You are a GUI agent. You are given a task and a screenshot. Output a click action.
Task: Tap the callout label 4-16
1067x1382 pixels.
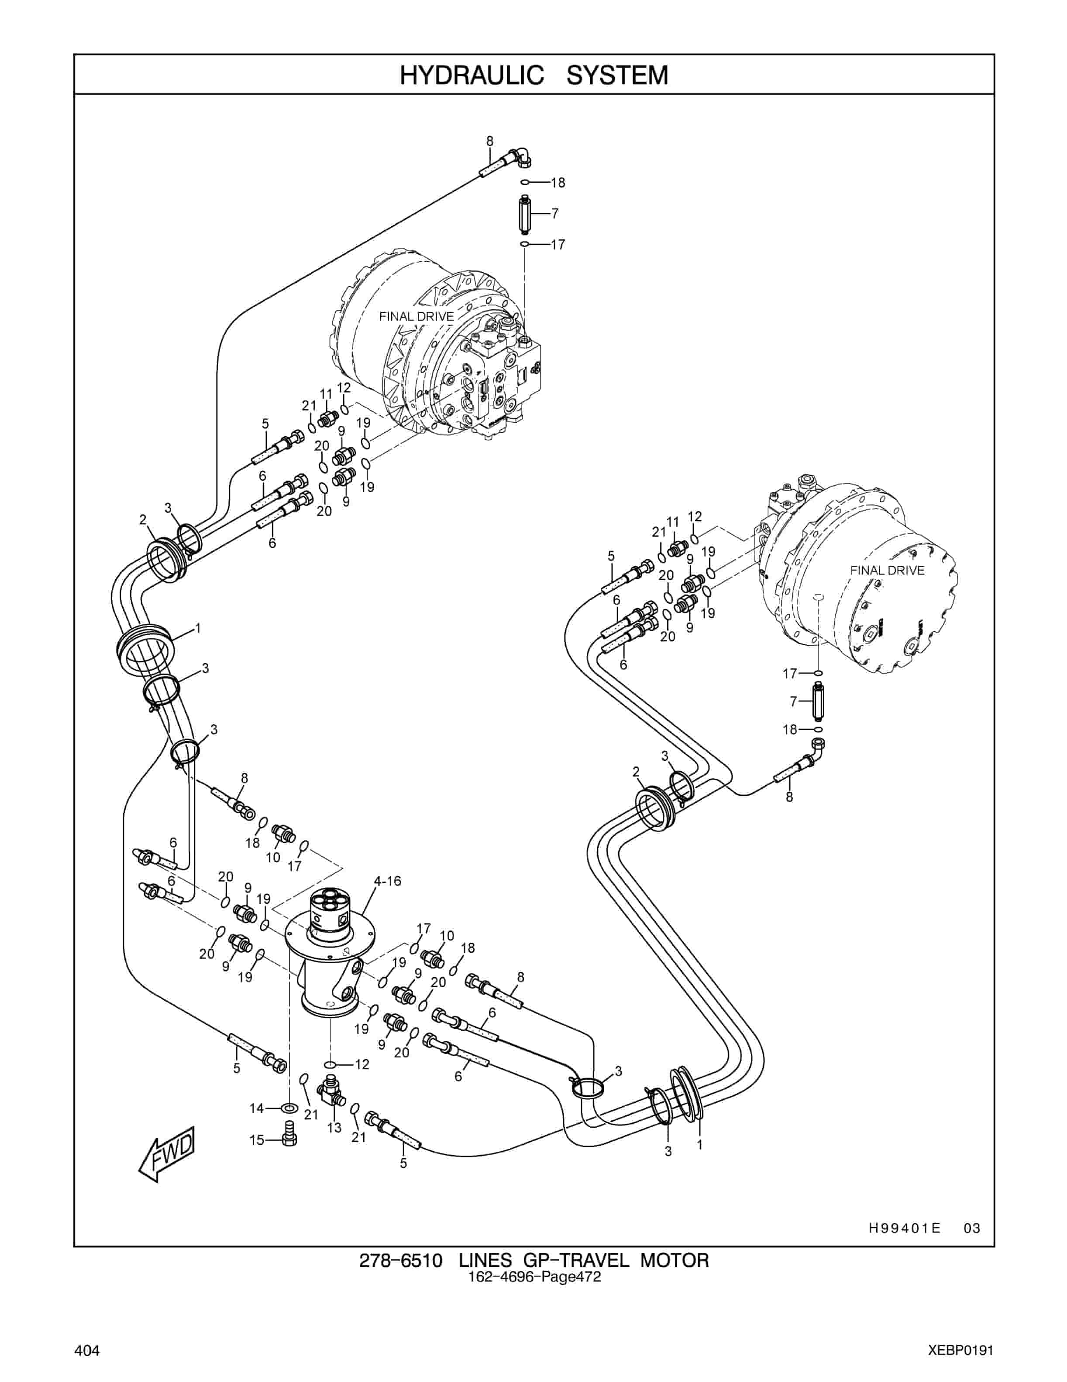(x=388, y=881)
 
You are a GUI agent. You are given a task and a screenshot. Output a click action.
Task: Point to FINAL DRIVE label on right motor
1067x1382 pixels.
(x=887, y=570)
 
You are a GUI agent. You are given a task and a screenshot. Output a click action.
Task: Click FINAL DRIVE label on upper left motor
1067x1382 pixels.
(x=416, y=316)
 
